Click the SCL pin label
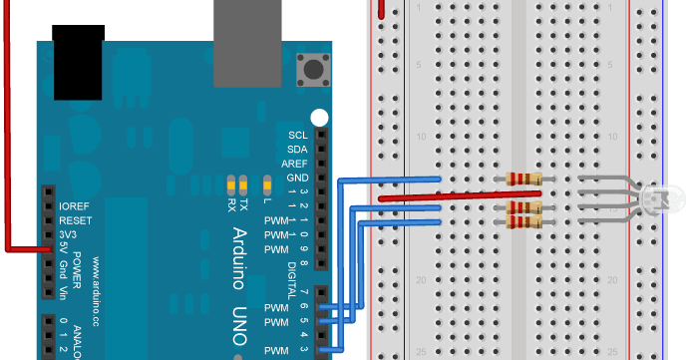pyautogui.click(x=297, y=135)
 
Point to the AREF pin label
pyautogui.click(x=294, y=163)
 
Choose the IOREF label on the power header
pyautogui.click(x=76, y=204)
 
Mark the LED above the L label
pyautogui.click(x=266, y=184)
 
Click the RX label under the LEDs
pyautogui.click(x=231, y=203)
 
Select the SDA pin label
pyautogui.click(x=297, y=149)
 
